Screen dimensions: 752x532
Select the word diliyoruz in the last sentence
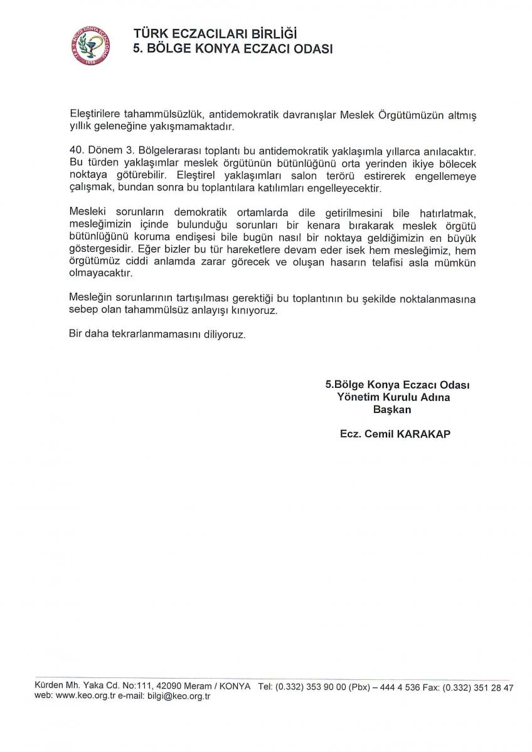point(219,335)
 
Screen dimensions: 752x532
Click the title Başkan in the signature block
point(392,409)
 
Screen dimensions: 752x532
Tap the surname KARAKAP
point(424,434)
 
